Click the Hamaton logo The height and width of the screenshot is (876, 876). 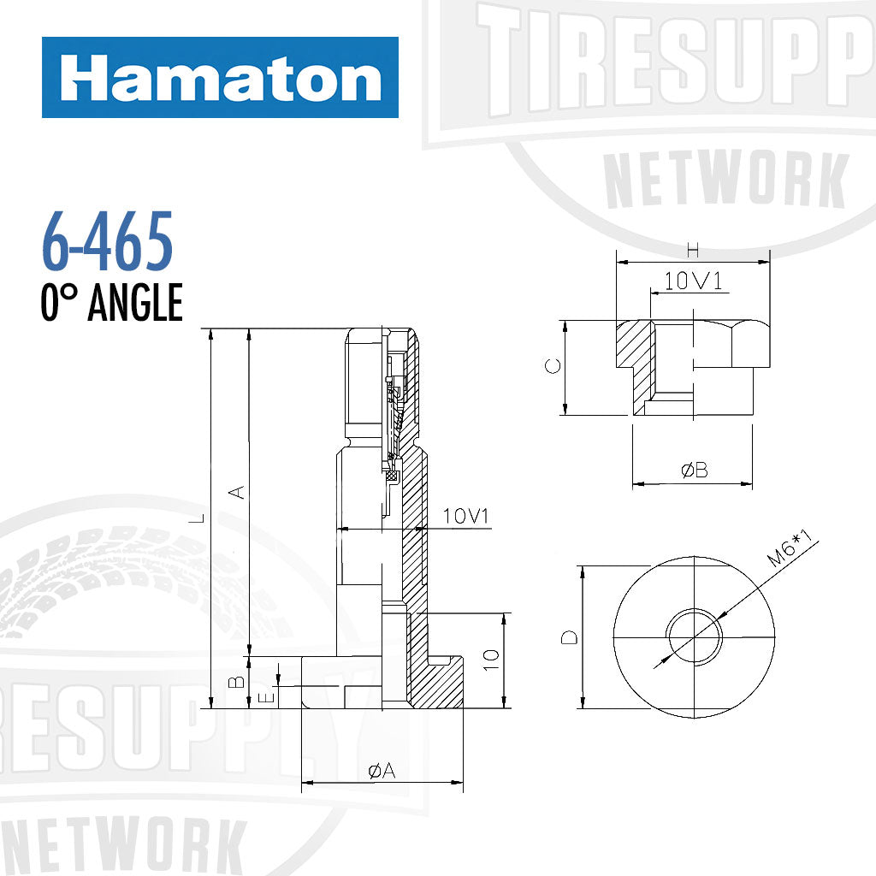220,78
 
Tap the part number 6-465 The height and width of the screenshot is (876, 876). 107,241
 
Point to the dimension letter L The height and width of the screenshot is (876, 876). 198,518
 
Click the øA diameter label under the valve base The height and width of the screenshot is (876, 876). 382,771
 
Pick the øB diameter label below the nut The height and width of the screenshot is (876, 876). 694,471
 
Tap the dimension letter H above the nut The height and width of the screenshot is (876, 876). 693,251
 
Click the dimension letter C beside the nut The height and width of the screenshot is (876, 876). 553,366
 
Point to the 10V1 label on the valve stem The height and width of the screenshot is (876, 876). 465,517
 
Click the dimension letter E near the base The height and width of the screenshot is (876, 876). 267,697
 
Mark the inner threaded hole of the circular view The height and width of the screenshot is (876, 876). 694,637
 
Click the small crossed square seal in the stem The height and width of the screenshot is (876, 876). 393,476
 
